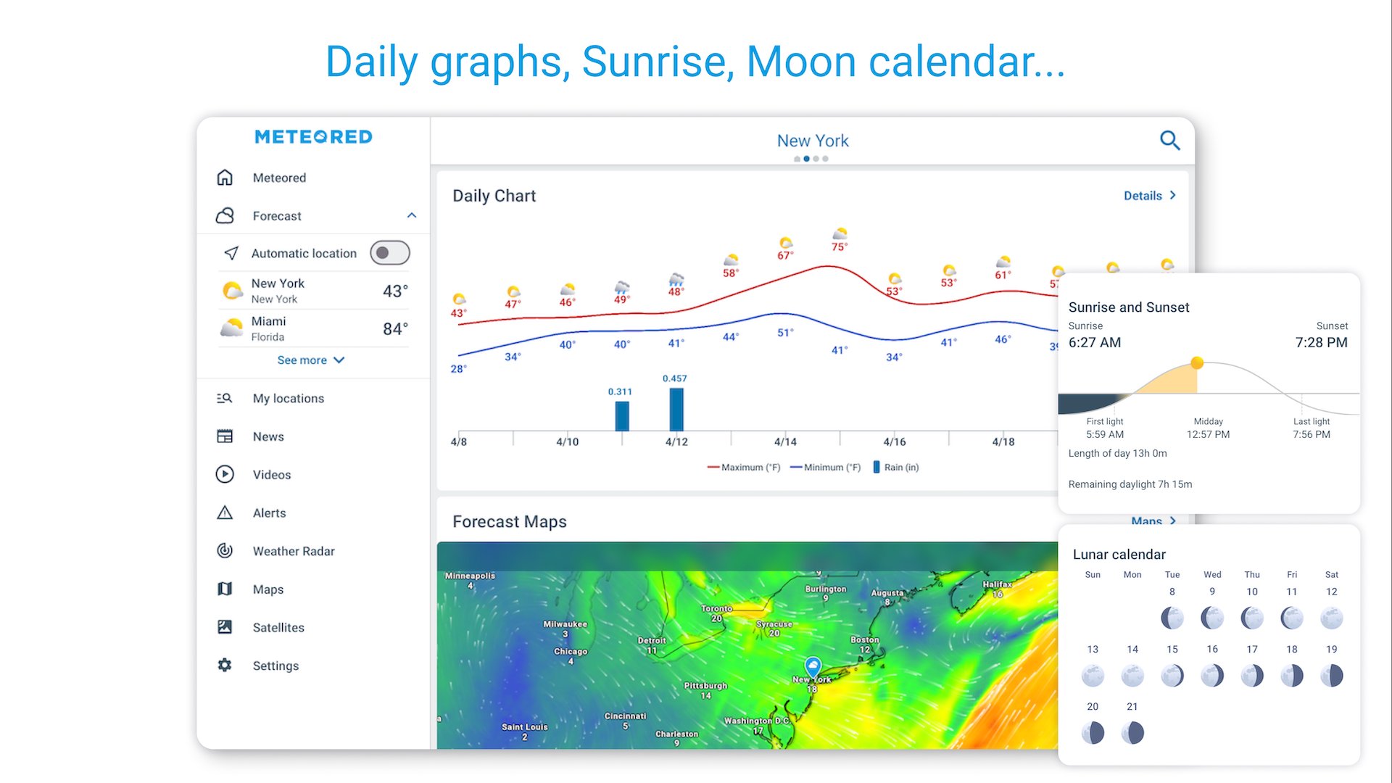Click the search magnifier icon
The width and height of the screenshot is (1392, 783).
pos(1170,140)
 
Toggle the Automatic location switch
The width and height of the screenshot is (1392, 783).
pos(390,253)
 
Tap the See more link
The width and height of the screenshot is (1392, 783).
pos(311,360)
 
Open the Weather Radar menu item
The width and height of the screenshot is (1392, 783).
pos(294,551)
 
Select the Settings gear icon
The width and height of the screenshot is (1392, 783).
pos(225,665)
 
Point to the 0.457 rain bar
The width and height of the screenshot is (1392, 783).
pos(676,410)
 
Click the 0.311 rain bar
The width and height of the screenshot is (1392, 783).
pos(622,416)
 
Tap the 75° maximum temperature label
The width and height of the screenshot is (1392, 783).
pos(840,247)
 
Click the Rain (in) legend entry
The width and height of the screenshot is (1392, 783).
pos(896,468)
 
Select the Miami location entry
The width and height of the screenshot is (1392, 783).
pos(313,328)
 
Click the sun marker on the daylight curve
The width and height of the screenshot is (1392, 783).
pos(1197,362)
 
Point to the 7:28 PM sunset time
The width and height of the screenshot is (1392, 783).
pos(1321,342)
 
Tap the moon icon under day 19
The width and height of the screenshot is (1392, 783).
pos(1332,676)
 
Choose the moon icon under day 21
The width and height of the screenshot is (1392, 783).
pos(1132,733)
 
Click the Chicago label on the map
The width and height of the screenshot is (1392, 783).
pos(571,651)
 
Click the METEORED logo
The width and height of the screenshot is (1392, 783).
pos(313,137)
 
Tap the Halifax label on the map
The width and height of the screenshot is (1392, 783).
pos(997,584)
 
